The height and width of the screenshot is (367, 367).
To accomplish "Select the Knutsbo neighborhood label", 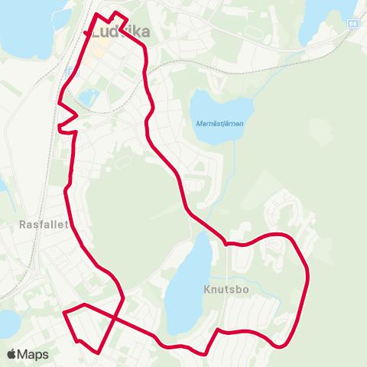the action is [x=226, y=290].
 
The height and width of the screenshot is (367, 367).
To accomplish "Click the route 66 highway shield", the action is [x=352, y=23].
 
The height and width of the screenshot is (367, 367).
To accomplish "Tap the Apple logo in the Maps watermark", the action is [x=12, y=354].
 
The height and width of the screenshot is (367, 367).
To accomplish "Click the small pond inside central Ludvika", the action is [x=89, y=96].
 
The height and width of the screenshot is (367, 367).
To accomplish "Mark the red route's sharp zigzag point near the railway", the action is [x=76, y=115].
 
